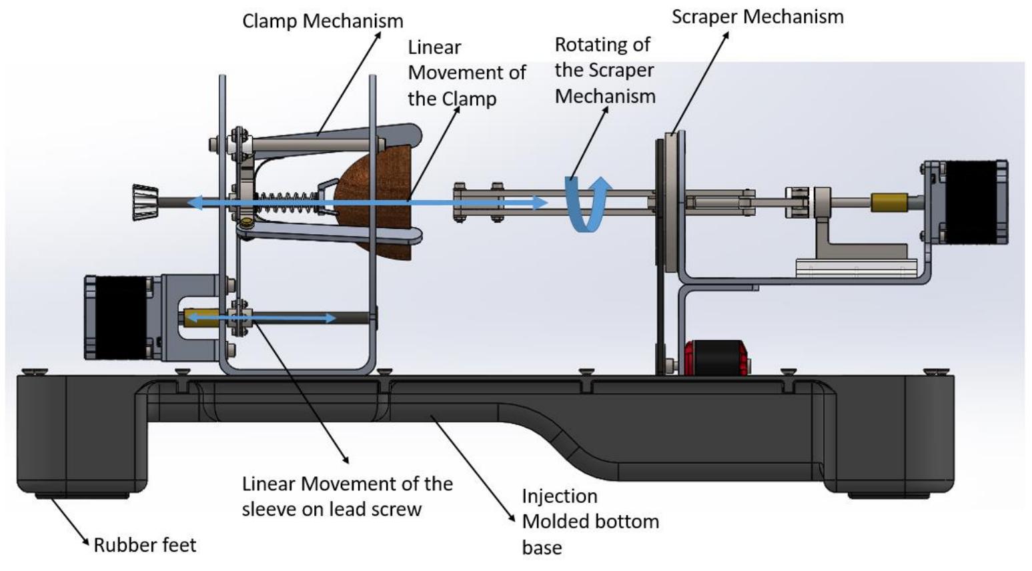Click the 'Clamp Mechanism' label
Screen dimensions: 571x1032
(x=322, y=21)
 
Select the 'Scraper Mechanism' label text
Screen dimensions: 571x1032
(x=757, y=17)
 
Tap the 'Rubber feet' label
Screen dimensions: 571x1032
(x=145, y=545)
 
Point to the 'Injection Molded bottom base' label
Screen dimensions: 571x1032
(x=590, y=522)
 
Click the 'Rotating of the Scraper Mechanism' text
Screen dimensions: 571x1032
(x=604, y=71)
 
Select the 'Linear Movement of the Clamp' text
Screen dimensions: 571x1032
(x=466, y=73)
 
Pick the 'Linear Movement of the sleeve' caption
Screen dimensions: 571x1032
(x=347, y=496)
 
